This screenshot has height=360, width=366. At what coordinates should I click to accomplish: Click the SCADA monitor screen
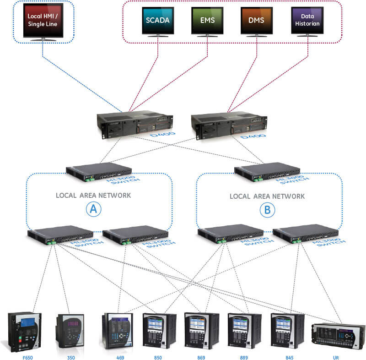[158, 20]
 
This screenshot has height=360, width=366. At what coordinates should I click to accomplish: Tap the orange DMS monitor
[257, 20]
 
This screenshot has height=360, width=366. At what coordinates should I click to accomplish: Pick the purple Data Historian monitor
[307, 20]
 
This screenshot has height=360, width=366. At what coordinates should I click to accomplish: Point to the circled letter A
[93, 210]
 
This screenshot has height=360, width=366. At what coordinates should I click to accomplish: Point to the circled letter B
[267, 210]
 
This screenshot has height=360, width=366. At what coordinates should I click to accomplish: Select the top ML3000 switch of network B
[268, 170]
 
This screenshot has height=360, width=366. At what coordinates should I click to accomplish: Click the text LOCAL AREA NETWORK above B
[267, 196]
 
